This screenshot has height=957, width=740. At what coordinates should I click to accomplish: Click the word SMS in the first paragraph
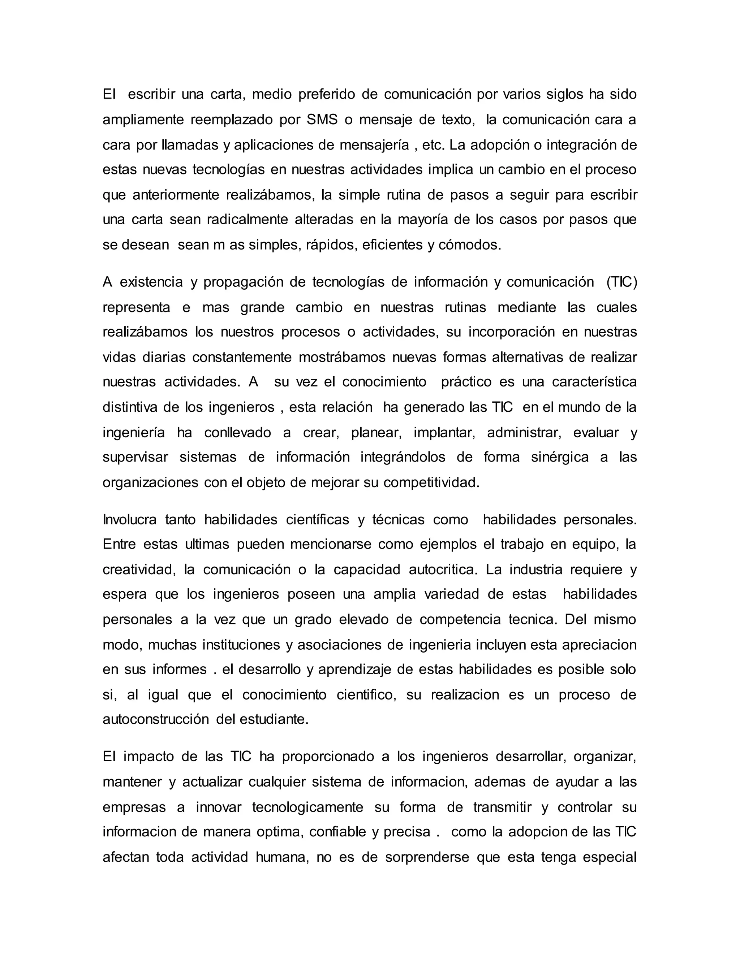tap(322, 120)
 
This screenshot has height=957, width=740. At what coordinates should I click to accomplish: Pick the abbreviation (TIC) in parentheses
tap(621, 282)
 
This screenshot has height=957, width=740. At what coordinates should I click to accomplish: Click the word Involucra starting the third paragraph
tap(129, 520)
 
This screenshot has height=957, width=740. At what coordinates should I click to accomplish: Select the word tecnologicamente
tap(308, 807)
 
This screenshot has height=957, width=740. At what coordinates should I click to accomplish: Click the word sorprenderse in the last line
tap(427, 857)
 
